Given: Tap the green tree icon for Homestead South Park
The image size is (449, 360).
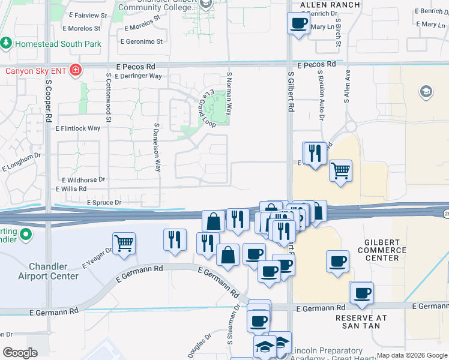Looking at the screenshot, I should [x=7, y=43].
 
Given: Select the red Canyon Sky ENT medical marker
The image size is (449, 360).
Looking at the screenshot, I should [x=76, y=71].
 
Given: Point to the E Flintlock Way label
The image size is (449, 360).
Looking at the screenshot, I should [x=77, y=128].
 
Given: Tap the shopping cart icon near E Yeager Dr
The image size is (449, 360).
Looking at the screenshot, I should [x=124, y=244].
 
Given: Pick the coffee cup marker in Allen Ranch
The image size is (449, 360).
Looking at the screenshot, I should [x=299, y=23].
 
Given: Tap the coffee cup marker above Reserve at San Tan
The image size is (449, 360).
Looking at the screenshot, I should [x=362, y=293].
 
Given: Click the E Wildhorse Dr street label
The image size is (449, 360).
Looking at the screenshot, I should [x=83, y=179].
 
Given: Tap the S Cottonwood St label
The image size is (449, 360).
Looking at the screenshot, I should [x=109, y=98].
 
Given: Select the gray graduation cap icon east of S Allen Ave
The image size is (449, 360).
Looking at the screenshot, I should [x=426, y=91].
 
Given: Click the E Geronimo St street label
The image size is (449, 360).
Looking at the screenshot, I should [x=142, y=41].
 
